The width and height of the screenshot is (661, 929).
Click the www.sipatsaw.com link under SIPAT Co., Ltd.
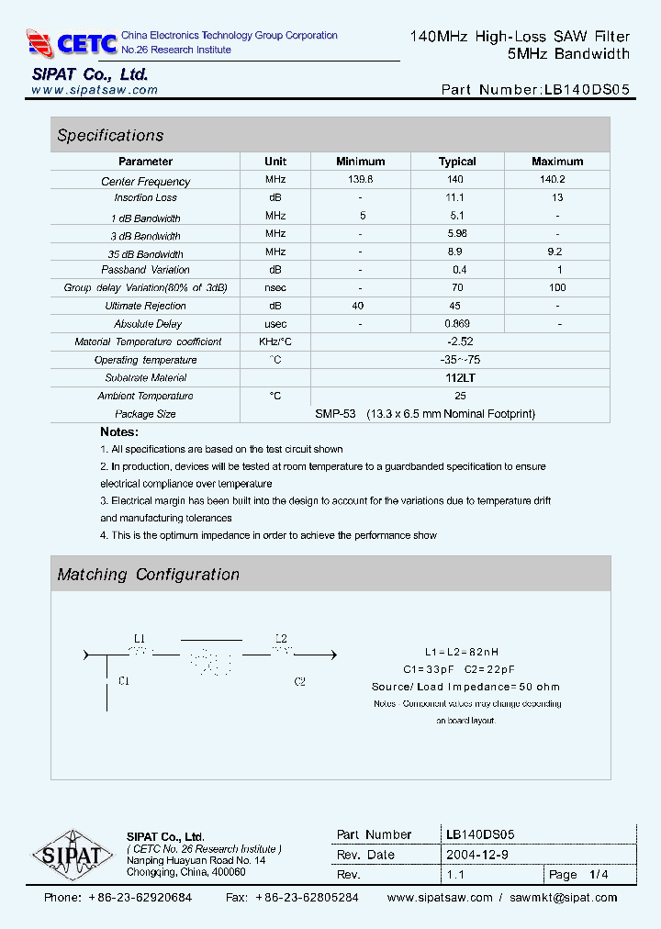(95, 90)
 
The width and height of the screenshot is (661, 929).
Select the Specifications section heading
(110, 136)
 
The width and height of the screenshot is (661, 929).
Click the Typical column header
(457, 162)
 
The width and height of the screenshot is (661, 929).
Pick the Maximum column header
(557, 162)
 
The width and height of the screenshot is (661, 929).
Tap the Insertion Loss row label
(145, 198)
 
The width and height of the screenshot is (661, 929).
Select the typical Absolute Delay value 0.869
(457, 324)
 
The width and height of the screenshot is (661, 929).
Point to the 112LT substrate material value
(460, 377)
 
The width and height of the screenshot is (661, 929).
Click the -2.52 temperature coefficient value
(460, 341)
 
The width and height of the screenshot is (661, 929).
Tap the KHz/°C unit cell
(275, 341)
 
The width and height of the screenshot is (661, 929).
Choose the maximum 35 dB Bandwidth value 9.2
(555, 252)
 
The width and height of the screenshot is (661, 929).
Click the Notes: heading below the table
(119, 431)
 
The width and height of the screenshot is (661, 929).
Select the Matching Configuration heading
(148, 575)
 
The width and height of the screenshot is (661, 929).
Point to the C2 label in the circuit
(299, 681)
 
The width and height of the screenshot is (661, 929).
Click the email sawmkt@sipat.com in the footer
(563, 898)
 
